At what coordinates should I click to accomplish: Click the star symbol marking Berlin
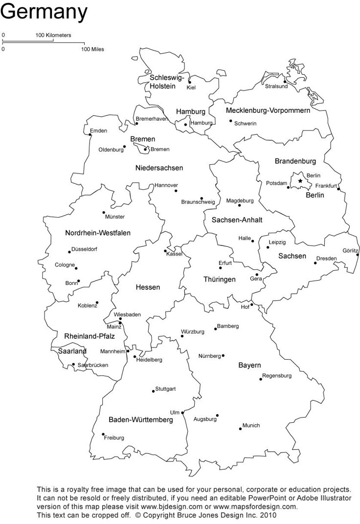(300, 181)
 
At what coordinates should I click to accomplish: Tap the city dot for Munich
(241, 429)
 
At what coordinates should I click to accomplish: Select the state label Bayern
(249, 365)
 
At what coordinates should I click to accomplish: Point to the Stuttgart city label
(165, 389)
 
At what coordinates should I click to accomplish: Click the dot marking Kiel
(190, 82)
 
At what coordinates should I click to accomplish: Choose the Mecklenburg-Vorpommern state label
(268, 110)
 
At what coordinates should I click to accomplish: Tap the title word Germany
(44, 11)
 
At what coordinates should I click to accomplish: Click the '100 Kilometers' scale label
(53, 35)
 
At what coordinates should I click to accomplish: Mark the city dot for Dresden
(315, 263)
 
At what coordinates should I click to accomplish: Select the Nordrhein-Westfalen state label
(98, 233)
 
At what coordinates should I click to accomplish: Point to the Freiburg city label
(114, 438)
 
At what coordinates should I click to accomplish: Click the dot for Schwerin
(230, 121)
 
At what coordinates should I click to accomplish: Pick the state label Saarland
(72, 351)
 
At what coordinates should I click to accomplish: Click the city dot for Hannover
(176, 190)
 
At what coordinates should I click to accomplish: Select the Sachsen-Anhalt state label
(237, 220)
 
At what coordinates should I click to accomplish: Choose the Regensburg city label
(277, 376)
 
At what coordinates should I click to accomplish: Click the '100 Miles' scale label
(92, 49)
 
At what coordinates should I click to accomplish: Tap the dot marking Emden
(90, 135)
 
